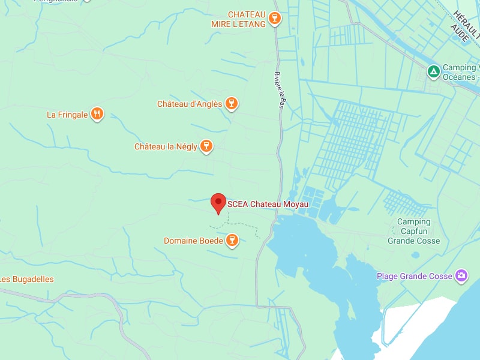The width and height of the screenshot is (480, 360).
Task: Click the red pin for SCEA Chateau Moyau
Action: [x=218, y=202]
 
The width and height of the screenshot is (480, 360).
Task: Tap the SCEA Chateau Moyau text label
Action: [x=268, y=205]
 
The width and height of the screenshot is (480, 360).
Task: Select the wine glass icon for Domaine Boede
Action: [x=232, y=241]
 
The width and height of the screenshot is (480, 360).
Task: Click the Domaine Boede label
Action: [x=193, y=241]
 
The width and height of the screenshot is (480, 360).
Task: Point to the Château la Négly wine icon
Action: [x=206, y=146]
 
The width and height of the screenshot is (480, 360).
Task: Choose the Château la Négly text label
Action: [x=166, y=147]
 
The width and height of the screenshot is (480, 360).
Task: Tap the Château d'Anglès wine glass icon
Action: [x=232, y=104]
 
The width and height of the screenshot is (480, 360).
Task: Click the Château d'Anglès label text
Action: [x=190, y=104]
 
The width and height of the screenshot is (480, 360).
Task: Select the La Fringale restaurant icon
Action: [x=98, y=114]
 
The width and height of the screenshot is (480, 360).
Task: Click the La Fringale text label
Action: [x=67, y=115]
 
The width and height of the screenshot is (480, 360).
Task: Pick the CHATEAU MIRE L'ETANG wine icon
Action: [x=274, y=19]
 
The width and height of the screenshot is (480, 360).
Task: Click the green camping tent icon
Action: [x=433, y=72]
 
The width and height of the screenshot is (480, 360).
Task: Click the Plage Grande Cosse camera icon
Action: [x=461, y=276]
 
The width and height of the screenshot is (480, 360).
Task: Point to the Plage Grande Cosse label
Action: [x=414, y=277]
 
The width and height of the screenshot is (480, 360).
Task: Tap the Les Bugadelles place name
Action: [x=27, y=280]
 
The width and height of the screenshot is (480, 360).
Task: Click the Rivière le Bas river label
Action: [x=279, y=90]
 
